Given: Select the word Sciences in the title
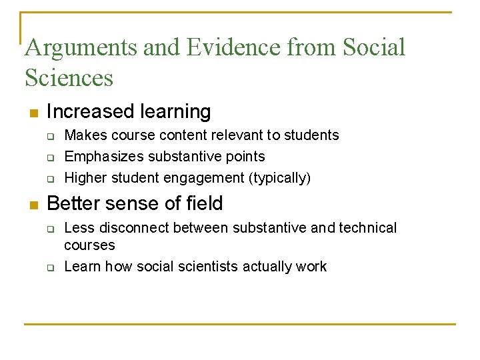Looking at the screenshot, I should coord(69,78).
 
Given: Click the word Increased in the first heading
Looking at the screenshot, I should coord(89,111).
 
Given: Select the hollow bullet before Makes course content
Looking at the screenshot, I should coord(49,136).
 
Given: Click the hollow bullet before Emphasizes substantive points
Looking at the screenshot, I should coord(49,157).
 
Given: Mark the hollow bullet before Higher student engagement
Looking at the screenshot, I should coord(49,179).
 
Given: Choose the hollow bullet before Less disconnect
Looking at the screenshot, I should coord(49,229).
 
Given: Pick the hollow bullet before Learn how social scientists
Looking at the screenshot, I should coord(49,267).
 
